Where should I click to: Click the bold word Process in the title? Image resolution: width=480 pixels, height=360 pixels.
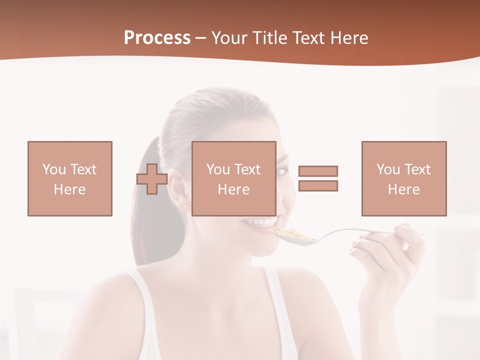click(157, 38)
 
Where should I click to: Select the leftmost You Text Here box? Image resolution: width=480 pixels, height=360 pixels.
click(70, 178)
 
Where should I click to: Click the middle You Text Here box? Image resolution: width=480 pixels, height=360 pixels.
click(234, 178)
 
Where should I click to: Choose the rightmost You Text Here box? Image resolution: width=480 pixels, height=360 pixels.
click(404, 178)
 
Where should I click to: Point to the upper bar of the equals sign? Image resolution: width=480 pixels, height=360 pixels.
click(318, 171)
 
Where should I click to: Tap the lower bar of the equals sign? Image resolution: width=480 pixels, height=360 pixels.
click(318, 185)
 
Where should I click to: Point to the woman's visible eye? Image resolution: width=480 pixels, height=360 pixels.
click(281, 171)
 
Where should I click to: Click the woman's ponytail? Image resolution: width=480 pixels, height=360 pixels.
click(145, 210)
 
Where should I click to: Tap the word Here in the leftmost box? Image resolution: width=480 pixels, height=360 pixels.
click(70, 189)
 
